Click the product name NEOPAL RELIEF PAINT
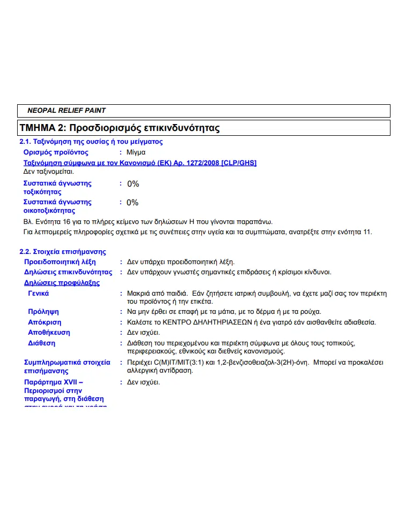66,111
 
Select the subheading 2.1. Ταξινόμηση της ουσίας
91,142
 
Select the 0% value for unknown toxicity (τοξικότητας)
133,184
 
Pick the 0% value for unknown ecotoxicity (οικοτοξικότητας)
132,203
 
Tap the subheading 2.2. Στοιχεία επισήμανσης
63,252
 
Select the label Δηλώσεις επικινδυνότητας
68,272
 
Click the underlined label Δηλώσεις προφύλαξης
62,283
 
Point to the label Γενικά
39,294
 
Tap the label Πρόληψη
43,312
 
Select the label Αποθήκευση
49,333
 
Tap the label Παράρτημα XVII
53,382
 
